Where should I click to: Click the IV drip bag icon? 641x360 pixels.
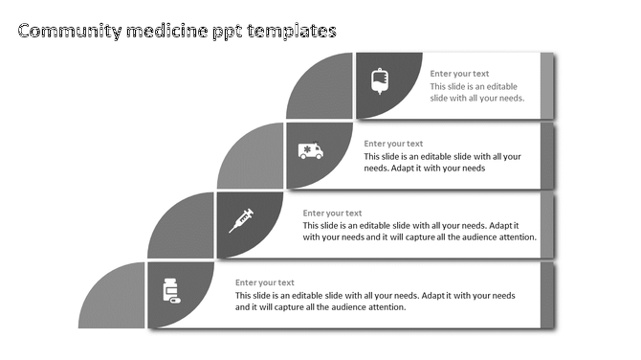click(x=380, y=81)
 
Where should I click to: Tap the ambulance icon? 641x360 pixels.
click(x=311, y=150)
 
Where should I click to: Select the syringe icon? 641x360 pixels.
click(x=241, y=220)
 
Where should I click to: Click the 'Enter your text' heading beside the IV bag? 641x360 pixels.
click(x=459, y=74)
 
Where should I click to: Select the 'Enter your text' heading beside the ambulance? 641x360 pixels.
click(x=393, y=144)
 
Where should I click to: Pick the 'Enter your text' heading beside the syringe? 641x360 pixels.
click(x=332, y=213)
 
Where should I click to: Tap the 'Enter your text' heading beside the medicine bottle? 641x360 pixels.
click(x=265, y=282)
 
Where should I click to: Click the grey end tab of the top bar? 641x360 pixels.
click(x=547, y=85)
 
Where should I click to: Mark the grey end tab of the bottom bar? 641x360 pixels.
click(x=547, y=295)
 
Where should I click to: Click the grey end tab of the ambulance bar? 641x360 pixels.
click(x=547, y=155)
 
